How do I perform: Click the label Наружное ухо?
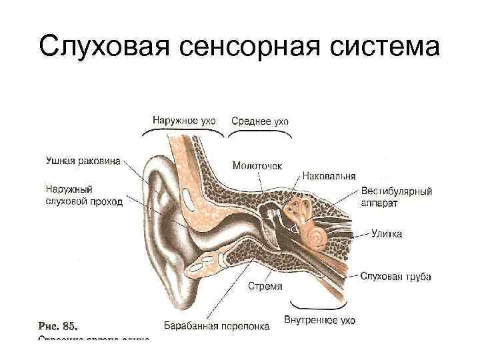184,121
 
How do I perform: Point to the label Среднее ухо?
260,121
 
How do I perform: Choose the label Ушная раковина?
83,160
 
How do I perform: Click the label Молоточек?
257,164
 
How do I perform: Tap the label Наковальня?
329,177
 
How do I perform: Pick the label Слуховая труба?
395,276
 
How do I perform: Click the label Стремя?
265,286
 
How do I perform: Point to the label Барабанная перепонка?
217,326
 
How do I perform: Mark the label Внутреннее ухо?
319,321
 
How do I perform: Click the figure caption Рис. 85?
58,326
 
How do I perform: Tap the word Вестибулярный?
397,191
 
